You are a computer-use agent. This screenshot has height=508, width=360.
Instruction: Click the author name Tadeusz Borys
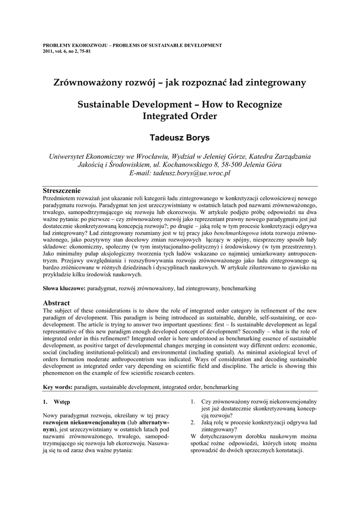coord(180,138)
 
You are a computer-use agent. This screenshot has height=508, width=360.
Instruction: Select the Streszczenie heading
coord(62,190)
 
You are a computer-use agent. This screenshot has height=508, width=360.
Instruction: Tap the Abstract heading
coord(56,303)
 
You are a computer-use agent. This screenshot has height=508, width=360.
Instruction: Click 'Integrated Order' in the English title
coord(180,117)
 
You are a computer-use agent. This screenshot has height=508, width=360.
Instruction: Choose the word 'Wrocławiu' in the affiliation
coord(147,156)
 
